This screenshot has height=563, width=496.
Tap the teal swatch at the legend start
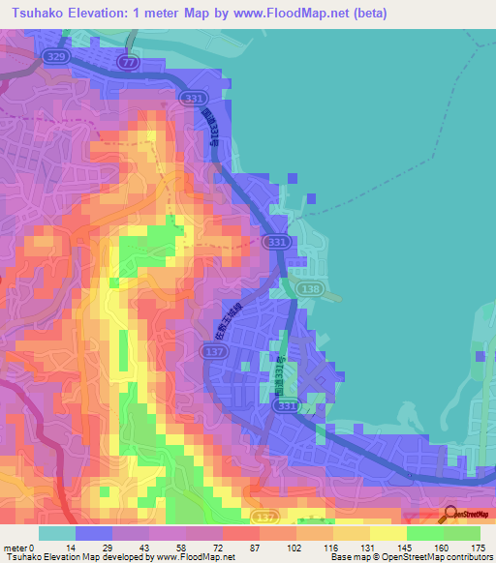(x=57, y=533)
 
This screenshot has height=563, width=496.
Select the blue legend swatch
(x=94, y=533)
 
